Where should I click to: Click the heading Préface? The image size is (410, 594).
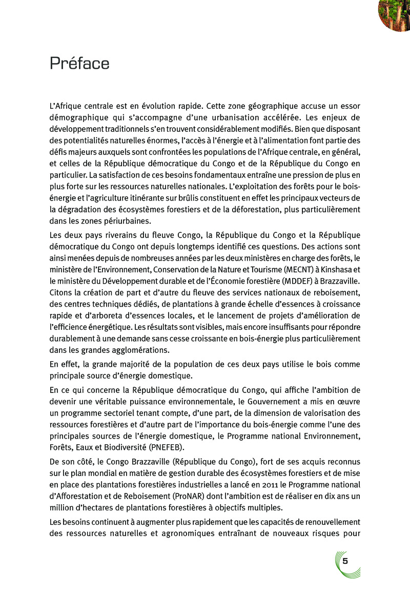tap(79, 64)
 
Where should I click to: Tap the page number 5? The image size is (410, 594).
tap(345, 560)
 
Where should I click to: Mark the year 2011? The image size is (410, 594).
tap(272, 484)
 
